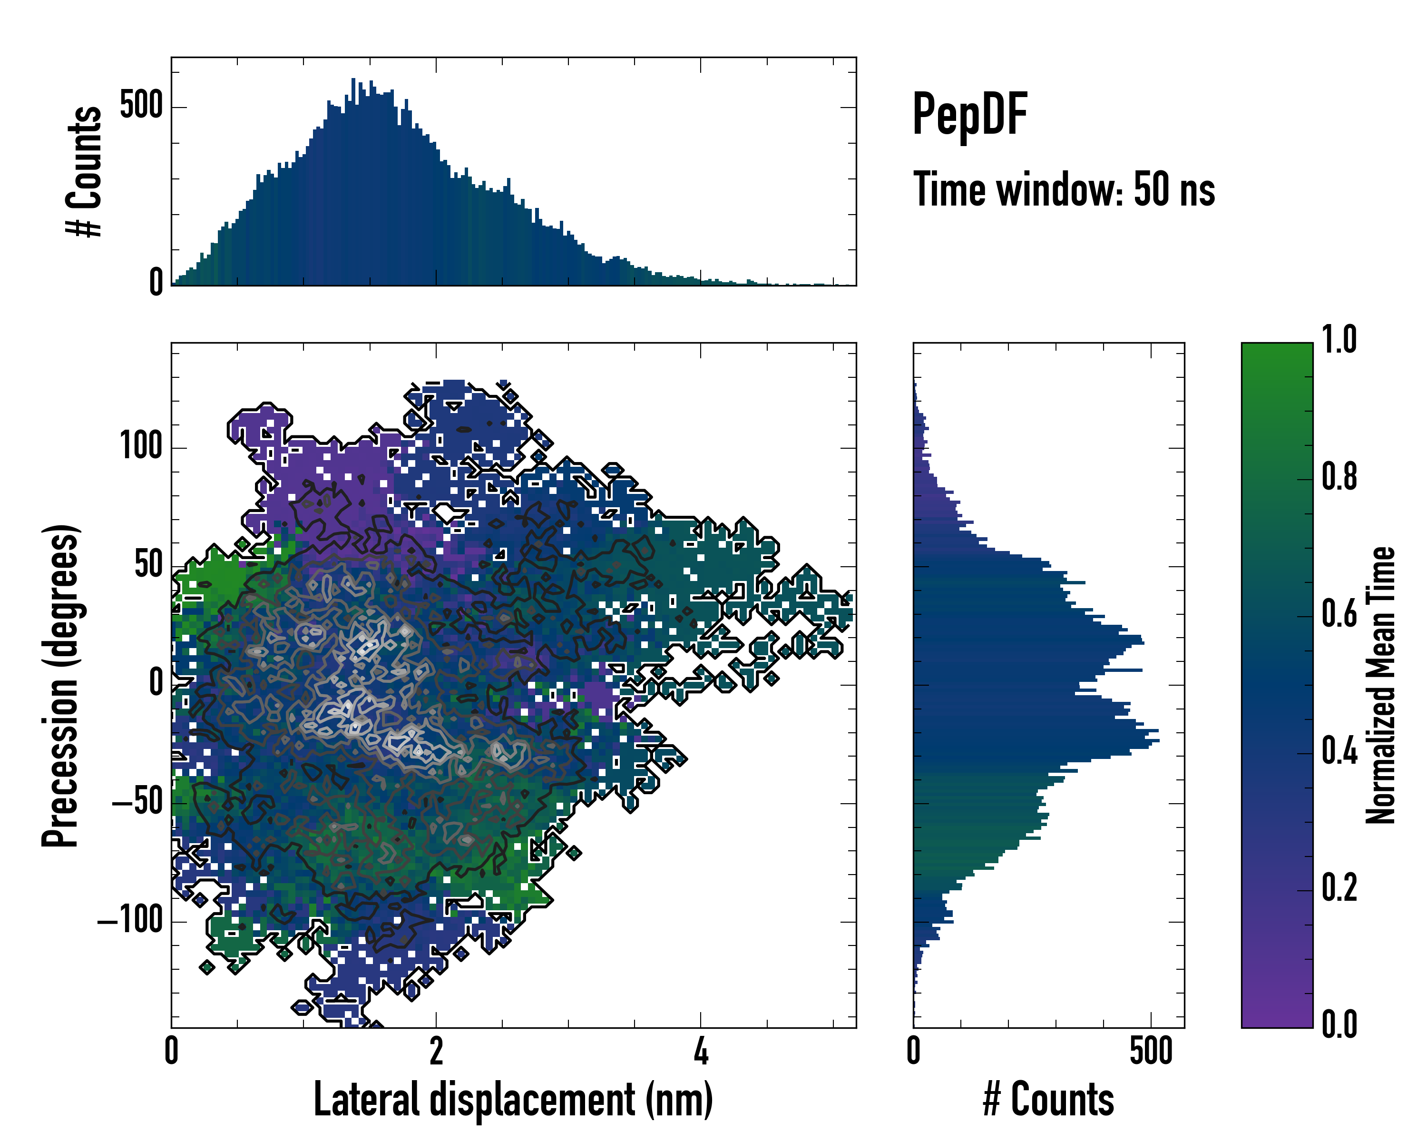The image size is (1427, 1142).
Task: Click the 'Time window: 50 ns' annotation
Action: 1064,189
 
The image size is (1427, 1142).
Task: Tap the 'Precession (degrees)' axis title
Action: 61,685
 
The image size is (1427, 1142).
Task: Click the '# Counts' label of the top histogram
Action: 85,171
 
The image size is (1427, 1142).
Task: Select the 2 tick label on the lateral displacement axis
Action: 436,1051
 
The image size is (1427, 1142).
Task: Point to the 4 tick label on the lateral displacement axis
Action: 701,1051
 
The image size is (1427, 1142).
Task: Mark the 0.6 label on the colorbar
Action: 1339,614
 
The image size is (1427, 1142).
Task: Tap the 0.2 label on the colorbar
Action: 1339,888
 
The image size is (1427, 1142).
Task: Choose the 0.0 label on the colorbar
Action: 1339,1024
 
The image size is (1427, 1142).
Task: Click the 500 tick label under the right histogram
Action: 1151,1051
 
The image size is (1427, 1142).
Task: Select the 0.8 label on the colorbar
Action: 1339,477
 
